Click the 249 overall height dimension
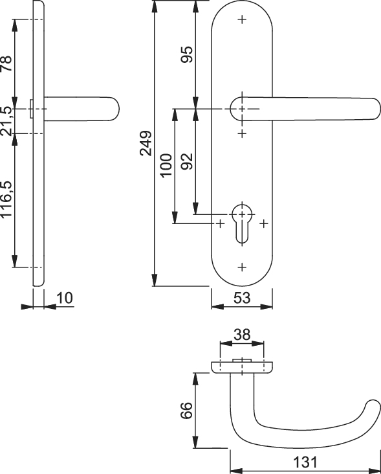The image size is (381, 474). tap(146, 143)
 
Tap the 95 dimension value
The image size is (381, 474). tap(187, 54)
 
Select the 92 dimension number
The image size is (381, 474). tap(187, 161)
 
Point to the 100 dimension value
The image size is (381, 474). tap(166, 165)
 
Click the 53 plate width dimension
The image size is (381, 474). tap(242, 298)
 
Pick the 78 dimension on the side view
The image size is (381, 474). tap(6, 63)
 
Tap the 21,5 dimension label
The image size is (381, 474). tap(6, 121)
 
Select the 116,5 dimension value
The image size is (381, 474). tap(6, 199)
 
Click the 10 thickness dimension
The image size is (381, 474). tap(65, 298)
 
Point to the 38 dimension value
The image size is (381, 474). tap(242, 335)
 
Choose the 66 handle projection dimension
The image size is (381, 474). tap(187, 410)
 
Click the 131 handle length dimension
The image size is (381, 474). tap(305, 462)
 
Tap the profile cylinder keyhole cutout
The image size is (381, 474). tap(242, 224)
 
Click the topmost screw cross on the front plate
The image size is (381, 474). tap(242, 19)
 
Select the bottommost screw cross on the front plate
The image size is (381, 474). tap(242, 267)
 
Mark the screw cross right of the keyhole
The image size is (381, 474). tap(264, 223)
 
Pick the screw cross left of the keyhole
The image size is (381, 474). tap(221, 223)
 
